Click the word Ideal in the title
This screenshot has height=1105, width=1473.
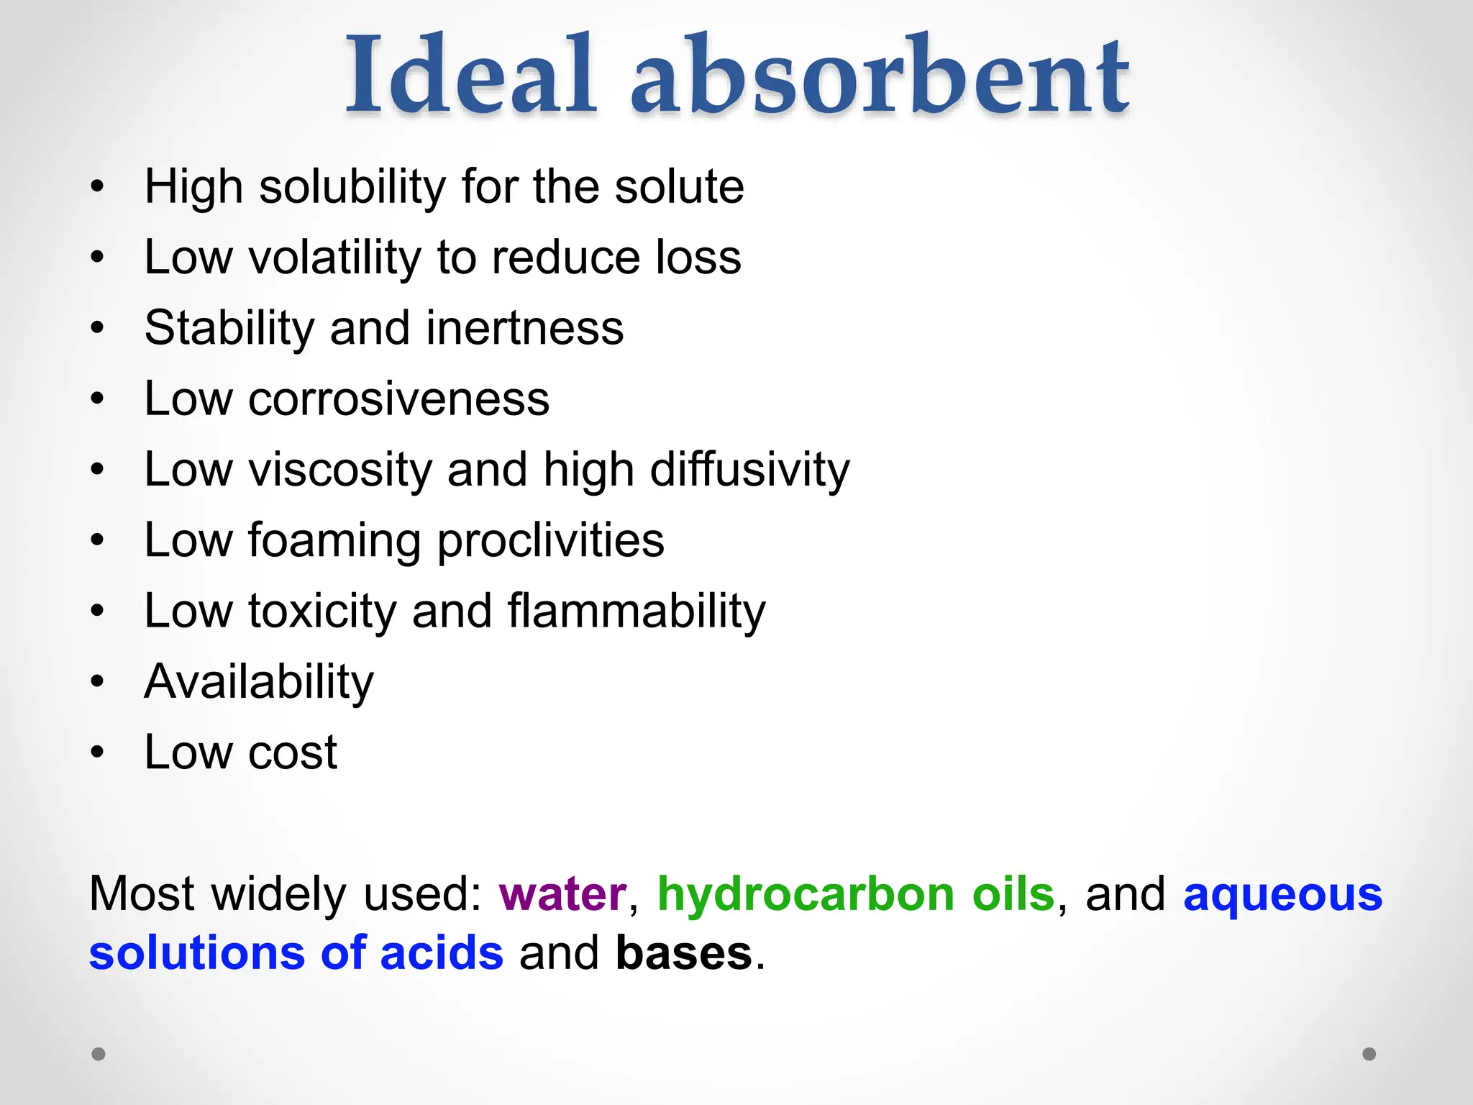471,76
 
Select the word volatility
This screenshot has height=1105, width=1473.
335,258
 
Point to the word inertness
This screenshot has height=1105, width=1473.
524,328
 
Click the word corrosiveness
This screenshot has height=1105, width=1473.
398,399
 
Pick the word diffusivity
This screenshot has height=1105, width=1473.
749,470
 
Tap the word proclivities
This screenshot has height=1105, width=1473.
550,540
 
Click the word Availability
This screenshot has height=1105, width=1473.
259,681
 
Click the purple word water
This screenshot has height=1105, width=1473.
562,894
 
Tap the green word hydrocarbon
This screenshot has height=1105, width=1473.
806,894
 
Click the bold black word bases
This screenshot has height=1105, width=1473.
684,953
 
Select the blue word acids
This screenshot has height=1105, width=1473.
442,953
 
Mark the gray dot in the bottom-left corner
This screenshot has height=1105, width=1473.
99,1054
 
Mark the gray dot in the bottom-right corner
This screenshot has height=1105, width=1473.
1369,1054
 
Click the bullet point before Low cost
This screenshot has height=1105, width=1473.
98,752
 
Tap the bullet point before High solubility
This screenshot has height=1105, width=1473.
98,187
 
